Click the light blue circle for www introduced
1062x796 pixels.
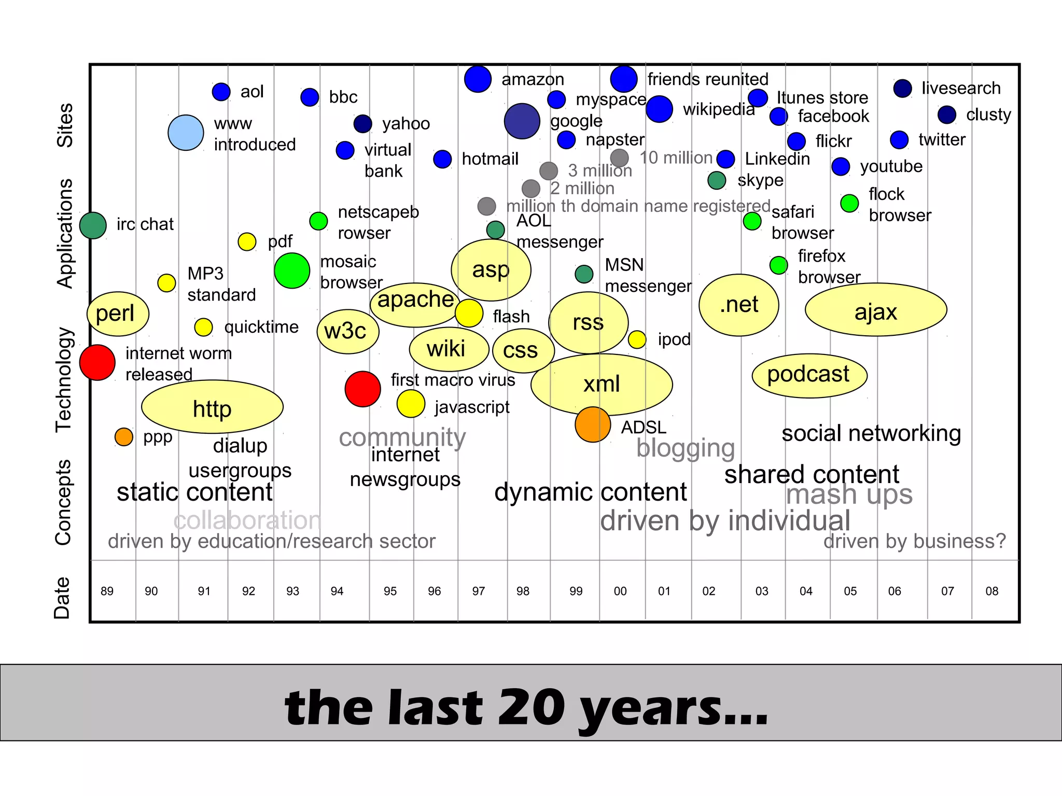pyautogui.click(x=186, y=133)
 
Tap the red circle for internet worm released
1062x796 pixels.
pyautogui.click(x=97, y=362)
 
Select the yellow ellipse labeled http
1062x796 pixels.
pyautogui.click(x=212, y=407)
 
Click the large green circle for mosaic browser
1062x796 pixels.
pyautogui.click(x=292, y=271)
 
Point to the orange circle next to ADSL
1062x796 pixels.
pyautogui.click(x=593, y=424)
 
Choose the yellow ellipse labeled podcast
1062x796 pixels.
pyautogui.click(x=809, y=375)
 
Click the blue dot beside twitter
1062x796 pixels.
pyautogui.click(x=899, y=140)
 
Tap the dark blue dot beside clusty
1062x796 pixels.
pyautogui.click(x=947, y=115)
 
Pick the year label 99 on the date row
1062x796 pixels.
pyautogui.click(x=576, y=591)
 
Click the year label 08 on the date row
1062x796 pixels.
pyautogui.click(x=991, y=591)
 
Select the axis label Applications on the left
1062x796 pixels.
pyautogui.click(x=65, y=233)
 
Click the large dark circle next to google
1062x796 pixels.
pyautogui.click(x=522, y=121)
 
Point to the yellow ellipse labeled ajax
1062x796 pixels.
pyautogui.click(x=876, y=310)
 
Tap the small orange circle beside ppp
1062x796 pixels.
pyautogui.click(x=124, y=437)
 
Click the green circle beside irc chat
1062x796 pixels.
pyautogui.click(x=93, y=225)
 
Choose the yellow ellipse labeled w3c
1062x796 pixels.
pyautogui.click(x=348, y=332)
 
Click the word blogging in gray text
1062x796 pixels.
pyautogui.click(x=686, y=448)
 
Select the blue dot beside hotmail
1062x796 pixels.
pyautogui.click(x=442, y=159)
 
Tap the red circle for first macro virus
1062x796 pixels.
pyautogui.click(x=363, y=389)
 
